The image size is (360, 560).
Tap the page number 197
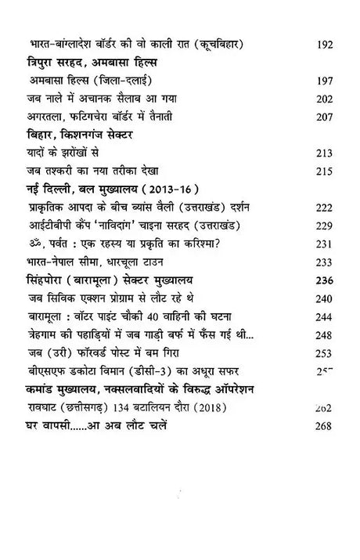pyautogui.click(x=322, y=80)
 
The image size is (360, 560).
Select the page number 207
pyautogui.click(x=322, y=117)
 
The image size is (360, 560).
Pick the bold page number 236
pyautogui.click(x=322, y=280)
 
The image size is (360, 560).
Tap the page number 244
pyautogui.click(x=322, y=316)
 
